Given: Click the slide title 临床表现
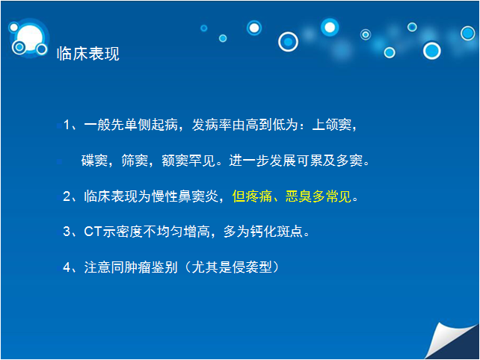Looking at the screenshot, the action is coord(88,54).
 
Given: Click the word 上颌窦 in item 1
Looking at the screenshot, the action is coord(332,125).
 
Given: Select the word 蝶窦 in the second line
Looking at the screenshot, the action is coord(94,161).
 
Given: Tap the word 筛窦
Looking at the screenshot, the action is coord(135,161).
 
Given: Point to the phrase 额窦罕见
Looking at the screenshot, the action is coord(188,161).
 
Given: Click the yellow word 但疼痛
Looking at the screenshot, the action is coord(252,196).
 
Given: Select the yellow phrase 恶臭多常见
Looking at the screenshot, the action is coord(319,196).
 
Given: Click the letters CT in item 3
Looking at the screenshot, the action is coord(93,232).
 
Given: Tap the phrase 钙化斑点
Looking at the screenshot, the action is coord(277,232).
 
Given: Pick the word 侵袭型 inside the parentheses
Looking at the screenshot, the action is coord(252,267).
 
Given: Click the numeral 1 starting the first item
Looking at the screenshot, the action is coord(67,125).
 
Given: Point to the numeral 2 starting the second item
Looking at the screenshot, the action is coord(67,196).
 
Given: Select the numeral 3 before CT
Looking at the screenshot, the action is coord(67,232).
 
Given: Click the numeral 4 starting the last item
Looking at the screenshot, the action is coord(67,267).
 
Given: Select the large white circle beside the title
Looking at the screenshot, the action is coord(29,37).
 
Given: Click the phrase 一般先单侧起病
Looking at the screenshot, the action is coord(131,125).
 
